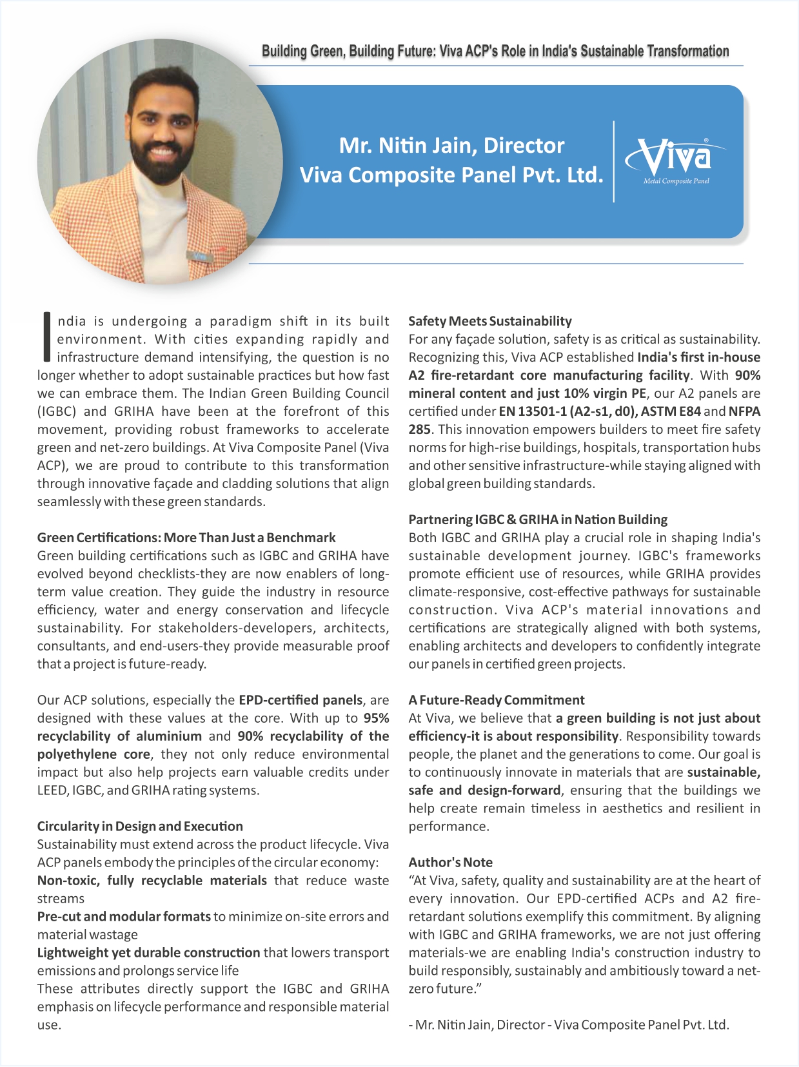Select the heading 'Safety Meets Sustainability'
pos(489,321)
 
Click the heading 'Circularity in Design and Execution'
pos(140,827)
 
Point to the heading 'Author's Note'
pos(450,863)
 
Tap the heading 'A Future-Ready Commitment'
pos(496,700)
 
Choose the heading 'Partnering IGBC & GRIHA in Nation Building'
pos(538,520)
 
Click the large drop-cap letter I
pos(46,337)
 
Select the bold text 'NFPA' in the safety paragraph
pos(745,411)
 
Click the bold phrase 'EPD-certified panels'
pos(300,700)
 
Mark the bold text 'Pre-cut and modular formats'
pos(124,917)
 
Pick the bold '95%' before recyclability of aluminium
pos(376,718)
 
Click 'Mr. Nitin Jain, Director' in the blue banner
pos(451,146)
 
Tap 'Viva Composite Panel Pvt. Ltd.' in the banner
pos(451,175)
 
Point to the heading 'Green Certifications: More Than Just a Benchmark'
pos(186,538)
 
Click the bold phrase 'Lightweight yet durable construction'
pos(148,953)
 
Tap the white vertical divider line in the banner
pos(613,161)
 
